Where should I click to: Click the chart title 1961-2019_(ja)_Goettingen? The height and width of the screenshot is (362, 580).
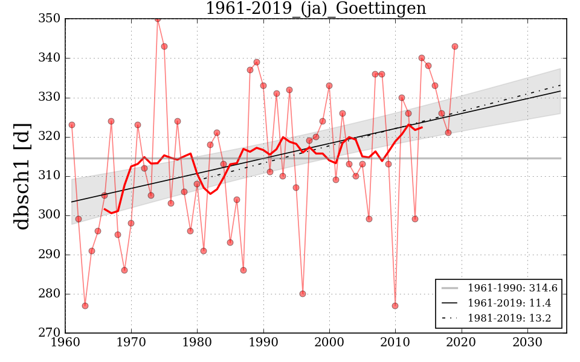coord(315,9)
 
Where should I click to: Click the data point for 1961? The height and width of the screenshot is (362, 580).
coord(72,125)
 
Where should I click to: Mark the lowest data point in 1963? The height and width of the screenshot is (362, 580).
coord(85,306)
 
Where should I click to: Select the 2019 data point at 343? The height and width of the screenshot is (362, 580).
coord(455,46)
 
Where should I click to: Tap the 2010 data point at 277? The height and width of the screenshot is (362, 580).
coord(395,306)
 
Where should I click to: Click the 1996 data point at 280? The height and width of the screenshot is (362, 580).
coord(303,294)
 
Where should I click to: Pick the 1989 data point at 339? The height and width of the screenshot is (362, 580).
coord(257,62)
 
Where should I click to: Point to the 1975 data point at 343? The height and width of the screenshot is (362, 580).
coord(164,46)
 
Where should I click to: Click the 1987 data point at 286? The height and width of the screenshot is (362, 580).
coord(243,270)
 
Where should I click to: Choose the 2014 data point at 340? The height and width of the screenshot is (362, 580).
coord(422,58)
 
